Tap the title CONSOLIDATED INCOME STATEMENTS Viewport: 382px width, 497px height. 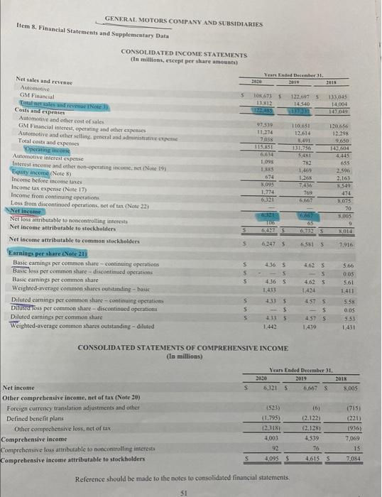(x=184, y=54)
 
